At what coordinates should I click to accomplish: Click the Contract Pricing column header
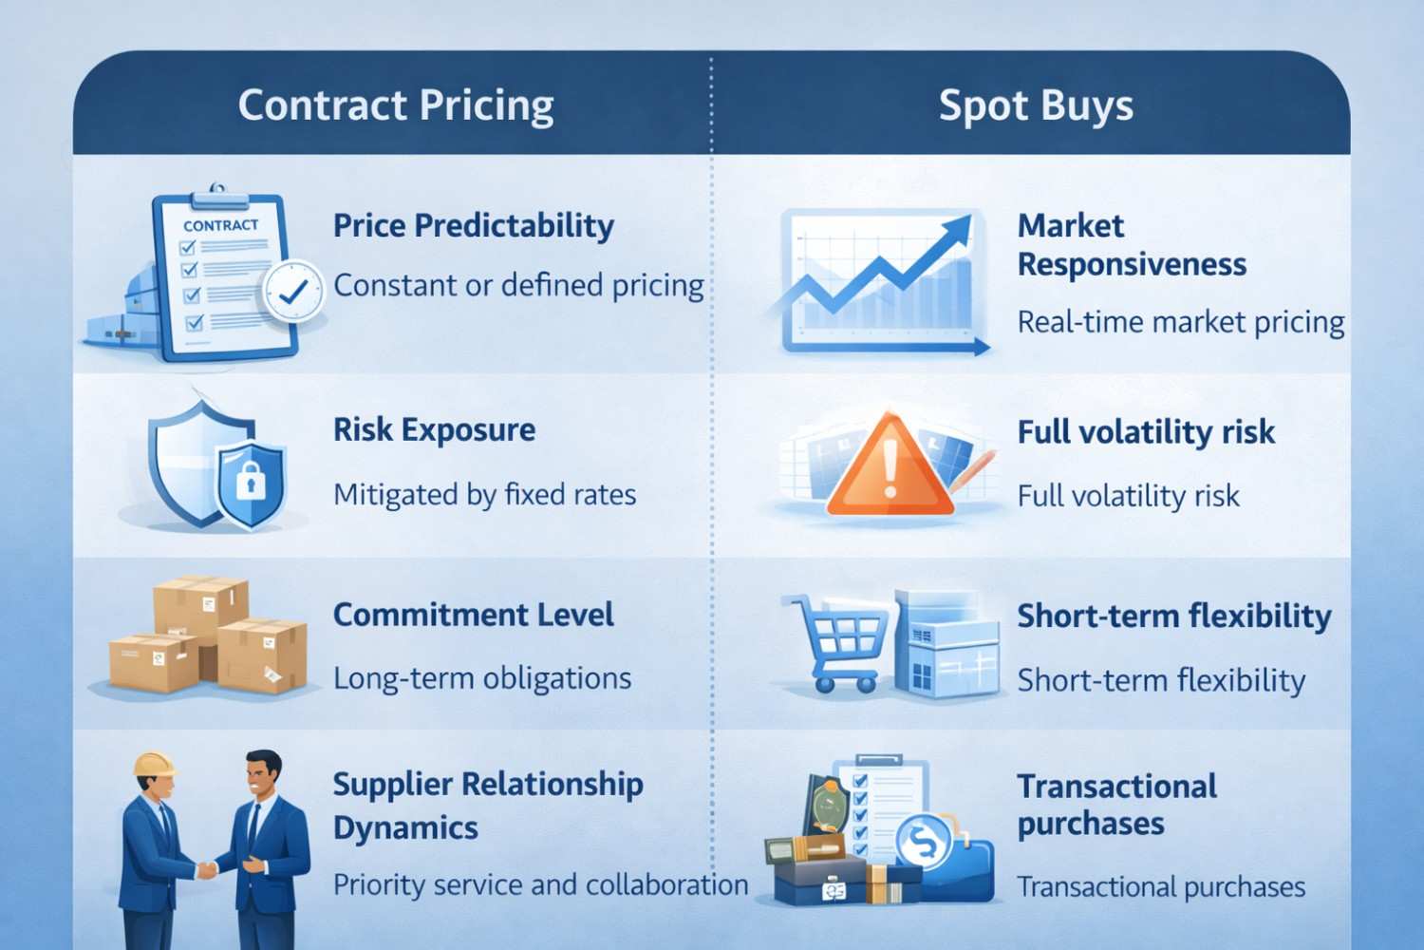click(x=396, y=105)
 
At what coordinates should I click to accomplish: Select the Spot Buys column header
click(x=1036, y=105)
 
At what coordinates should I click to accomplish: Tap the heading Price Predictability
click(x=474, y=226)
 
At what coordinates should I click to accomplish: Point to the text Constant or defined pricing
click(x=518, y=286)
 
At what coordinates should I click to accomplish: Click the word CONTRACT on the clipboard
click(x=220, y=226)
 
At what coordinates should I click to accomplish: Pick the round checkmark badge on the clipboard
click(x=293, y=291)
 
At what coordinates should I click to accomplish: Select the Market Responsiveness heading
click(x=1132, y=245)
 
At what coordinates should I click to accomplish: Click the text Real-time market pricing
click(x=1181, y=323)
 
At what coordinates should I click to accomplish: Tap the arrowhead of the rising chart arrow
click(x=955, y=231)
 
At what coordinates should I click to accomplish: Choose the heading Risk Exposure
click(x=434, y=430)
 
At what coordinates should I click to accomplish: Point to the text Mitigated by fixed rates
click(x=484, y=494)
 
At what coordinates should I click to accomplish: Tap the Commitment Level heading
click(x=474, y=616)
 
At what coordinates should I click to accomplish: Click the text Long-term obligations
click(x=482, y=679)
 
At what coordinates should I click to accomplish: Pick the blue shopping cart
click(x=834, y=642)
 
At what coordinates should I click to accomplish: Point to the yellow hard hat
click(x=154, y=765)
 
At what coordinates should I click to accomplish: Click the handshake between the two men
click(x=206, y=869)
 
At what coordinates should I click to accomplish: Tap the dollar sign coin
click(x=924, y=841)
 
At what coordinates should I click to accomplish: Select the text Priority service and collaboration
click(x=540, y=885)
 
